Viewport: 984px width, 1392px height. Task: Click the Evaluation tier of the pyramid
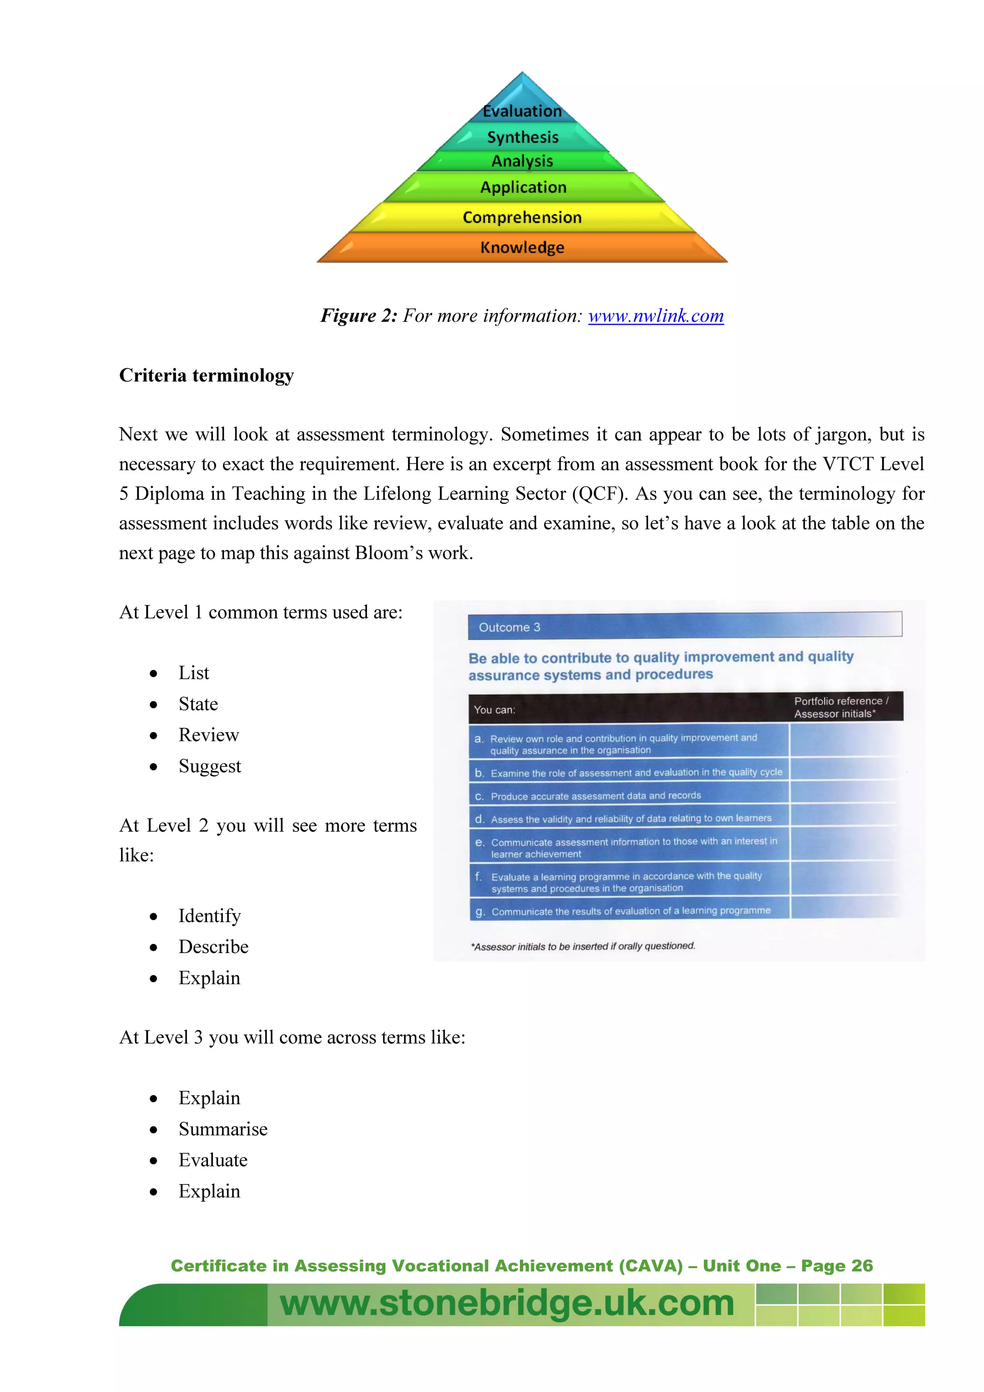522,110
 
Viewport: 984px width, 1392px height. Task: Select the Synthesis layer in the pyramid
523,138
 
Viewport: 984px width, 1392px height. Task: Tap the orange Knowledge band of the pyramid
522,247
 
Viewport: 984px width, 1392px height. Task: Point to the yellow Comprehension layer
522,217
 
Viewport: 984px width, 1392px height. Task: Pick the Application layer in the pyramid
523,187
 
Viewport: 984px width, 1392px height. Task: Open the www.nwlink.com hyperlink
655,316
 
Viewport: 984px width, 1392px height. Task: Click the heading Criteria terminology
206,375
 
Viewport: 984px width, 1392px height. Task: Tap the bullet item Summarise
222,1129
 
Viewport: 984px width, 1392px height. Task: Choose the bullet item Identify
209,916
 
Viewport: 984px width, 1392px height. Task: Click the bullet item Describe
213,946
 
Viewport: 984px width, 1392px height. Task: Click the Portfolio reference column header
841,707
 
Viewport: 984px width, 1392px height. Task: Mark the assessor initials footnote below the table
583,946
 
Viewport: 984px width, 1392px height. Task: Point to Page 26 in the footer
836,1266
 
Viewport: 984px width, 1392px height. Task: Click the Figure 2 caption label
358,316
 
